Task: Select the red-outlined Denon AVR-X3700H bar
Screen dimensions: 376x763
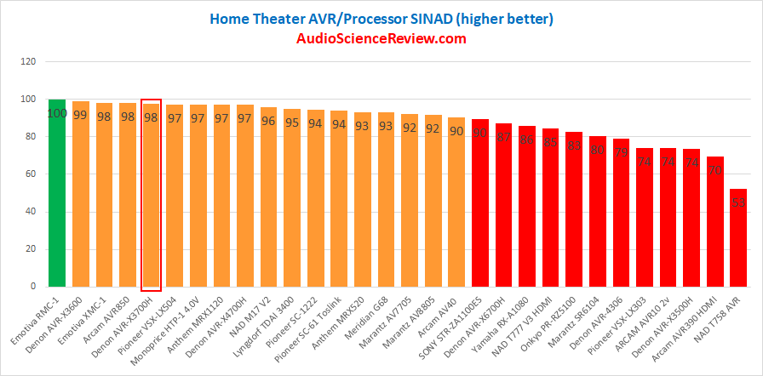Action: (151, 204)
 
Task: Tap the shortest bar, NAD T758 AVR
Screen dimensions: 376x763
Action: (738, 238)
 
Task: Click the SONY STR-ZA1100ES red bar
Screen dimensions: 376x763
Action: (479, 204)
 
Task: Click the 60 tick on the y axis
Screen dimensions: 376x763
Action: (31, 174)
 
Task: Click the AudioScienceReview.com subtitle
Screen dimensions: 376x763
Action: (381, 38)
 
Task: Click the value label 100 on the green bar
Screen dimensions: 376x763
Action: (57, 113)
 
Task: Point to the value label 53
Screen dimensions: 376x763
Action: (738, 203)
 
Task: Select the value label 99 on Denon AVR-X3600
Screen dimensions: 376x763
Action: (80, 115)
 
